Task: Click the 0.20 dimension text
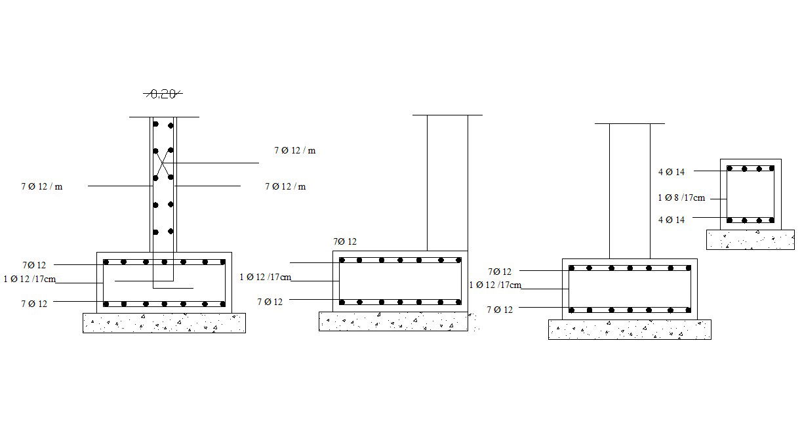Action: point(163,94)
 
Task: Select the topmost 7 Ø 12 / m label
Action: point(294,150)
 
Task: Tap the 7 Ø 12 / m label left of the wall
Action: point(41,187)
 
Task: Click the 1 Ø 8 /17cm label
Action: point(681,197)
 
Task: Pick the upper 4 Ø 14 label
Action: point(672,172)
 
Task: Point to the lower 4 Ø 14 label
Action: point(672,220)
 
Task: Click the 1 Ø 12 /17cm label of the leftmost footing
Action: point(30,279)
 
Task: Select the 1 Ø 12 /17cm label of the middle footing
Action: point(266,277)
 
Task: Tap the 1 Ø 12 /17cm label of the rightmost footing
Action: point(495,285)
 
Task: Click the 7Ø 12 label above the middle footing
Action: point(345,242)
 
